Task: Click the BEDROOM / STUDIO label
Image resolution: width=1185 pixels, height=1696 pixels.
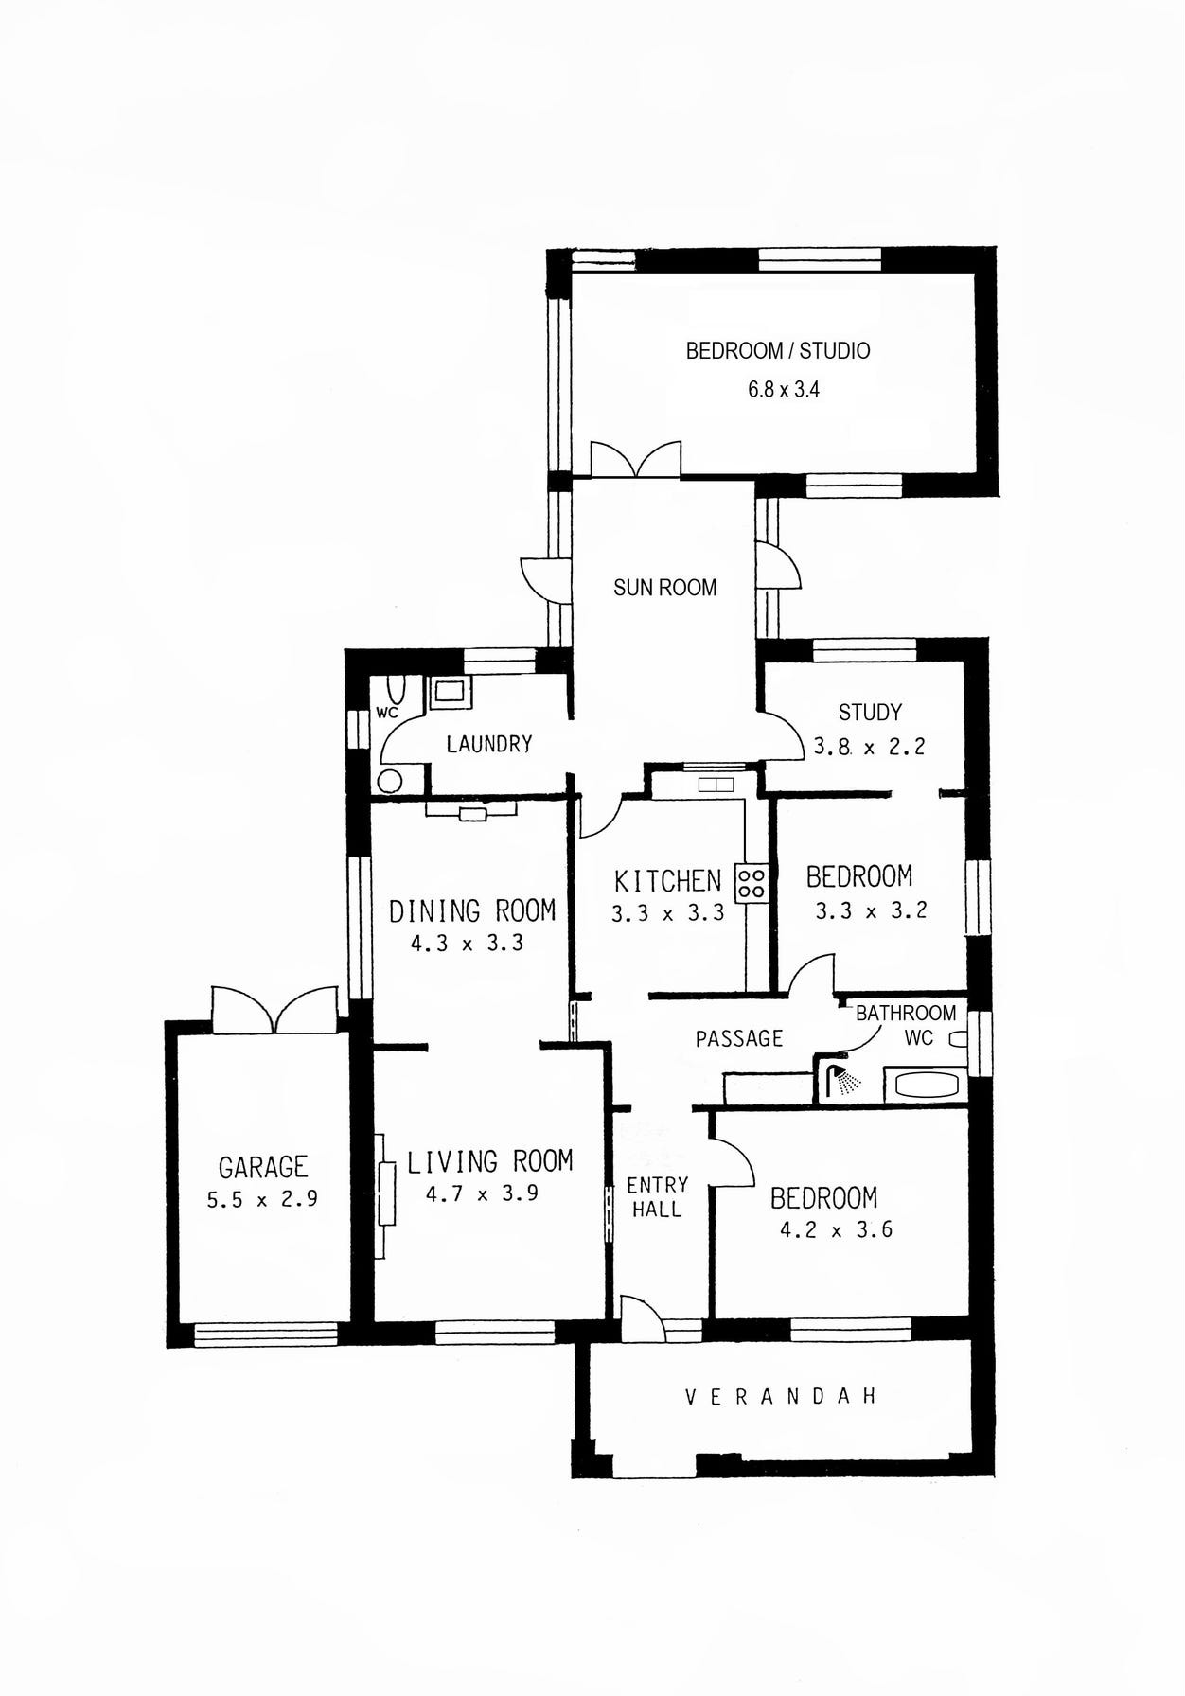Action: pos(778,351)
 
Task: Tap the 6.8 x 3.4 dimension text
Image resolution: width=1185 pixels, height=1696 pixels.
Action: pos(784,390)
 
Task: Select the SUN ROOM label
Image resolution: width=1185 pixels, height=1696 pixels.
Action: pos(664,588)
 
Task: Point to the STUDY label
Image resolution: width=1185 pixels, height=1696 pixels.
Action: pos(870,712)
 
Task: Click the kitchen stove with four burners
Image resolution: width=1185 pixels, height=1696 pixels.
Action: pos(752,883)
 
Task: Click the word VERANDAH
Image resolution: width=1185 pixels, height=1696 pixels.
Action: pos(781,1396)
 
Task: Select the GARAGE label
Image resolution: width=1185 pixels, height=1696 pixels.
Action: pos(263,1167)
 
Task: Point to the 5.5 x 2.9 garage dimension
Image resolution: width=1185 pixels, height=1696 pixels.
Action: pos(262,1199)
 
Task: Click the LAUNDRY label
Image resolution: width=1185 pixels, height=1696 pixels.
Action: pos(489,744)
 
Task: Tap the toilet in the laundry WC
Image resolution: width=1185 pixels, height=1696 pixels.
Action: pos(397,690)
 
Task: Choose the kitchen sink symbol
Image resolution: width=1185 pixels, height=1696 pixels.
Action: pos(716,785)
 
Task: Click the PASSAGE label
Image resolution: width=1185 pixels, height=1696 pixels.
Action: pos(739,1039)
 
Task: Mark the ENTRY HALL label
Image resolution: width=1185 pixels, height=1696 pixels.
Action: pos(657,1197)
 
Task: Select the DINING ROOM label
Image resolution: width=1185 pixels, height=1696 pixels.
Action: pos(472,910)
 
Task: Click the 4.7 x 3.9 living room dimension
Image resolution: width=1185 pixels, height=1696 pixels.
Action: pos(482,1194)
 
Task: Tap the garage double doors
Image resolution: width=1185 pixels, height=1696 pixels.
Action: pos(274,1009)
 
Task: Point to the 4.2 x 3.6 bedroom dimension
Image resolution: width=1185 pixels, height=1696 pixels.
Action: pos(836,1230)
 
